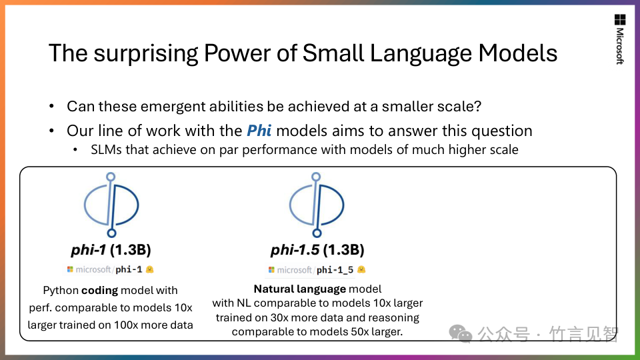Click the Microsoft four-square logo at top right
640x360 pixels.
pos(620,19)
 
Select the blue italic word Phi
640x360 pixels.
pos(259,131)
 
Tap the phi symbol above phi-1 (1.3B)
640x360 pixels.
pos(111,205)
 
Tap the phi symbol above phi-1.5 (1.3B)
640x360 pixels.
pos(317,205)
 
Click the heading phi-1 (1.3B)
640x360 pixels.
pos(111,249)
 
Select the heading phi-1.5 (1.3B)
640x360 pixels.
pos(317,249)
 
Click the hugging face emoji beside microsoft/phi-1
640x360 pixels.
pos(150,269)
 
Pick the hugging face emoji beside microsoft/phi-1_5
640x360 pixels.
pos(361,269)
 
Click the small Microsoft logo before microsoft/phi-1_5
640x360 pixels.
pos(271,270)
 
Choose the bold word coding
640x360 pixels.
pos(99,290)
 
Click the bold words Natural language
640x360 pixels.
pos(300,289)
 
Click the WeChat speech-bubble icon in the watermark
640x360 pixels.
pos(461,333)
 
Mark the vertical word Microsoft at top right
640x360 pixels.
pos(619,46)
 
